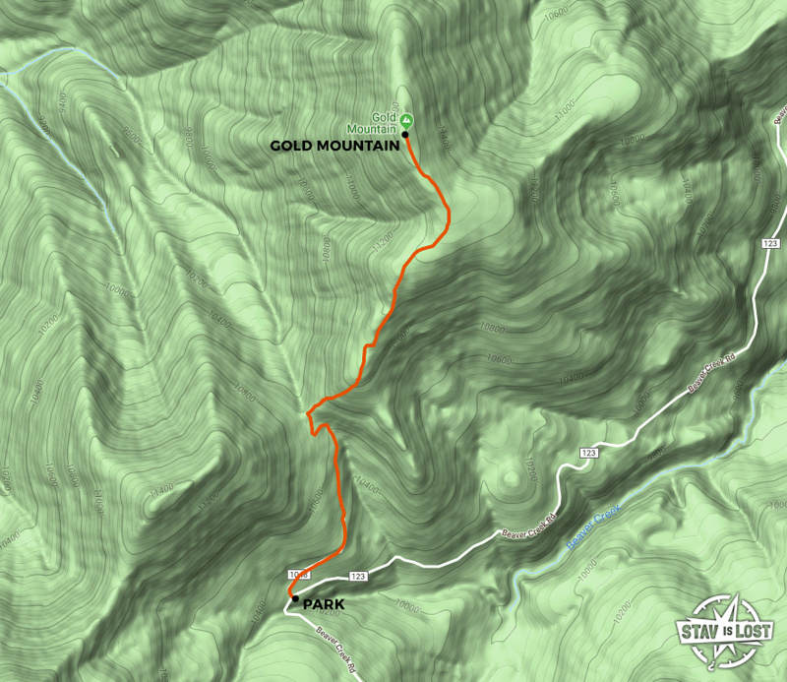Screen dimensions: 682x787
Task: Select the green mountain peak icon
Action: (406, 122)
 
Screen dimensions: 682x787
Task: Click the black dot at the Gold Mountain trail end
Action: (405, 134)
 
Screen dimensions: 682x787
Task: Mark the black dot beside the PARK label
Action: (295, 597)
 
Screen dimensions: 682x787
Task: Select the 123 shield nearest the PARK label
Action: (357, 576)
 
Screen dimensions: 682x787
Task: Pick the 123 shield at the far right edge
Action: (769, 242)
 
